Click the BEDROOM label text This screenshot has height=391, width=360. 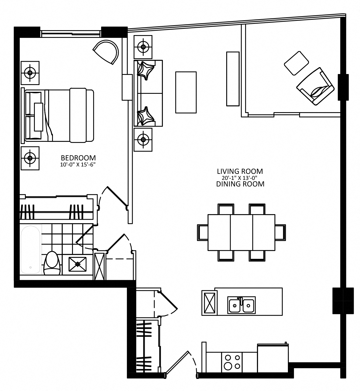click(78, 158)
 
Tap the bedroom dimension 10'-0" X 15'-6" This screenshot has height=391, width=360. click(78, 165)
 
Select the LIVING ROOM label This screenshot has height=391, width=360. click(240, 171)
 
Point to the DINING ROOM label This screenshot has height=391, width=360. click(240, 184)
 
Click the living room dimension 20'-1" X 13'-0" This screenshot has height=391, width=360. click(240, 178)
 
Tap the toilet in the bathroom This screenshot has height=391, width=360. click(52, 263)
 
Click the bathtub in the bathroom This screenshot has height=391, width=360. click(31, 250)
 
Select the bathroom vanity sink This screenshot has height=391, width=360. click(77, 264)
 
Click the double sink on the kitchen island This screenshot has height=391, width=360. click(241, 305)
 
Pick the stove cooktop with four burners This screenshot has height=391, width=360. click(232, 362)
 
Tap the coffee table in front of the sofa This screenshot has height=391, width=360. click(186, 92)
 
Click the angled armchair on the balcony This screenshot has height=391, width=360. click(315, 86)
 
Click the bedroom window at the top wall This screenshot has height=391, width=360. click(71, 34)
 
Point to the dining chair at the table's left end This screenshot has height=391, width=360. click(203, 233)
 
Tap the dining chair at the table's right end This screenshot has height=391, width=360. click(280, 233)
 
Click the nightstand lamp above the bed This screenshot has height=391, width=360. click(30, 73)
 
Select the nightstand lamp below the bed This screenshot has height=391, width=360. click(30, 158)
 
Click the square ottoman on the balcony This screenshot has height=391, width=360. click(296, 63)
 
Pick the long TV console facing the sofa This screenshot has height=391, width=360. click(233, 79)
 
